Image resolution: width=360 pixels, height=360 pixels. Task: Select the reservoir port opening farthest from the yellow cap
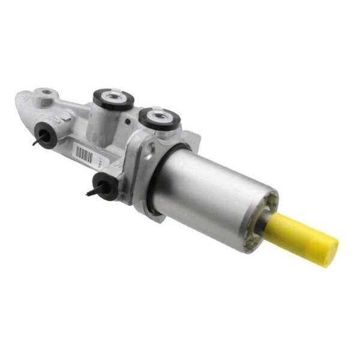click(112, 96)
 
